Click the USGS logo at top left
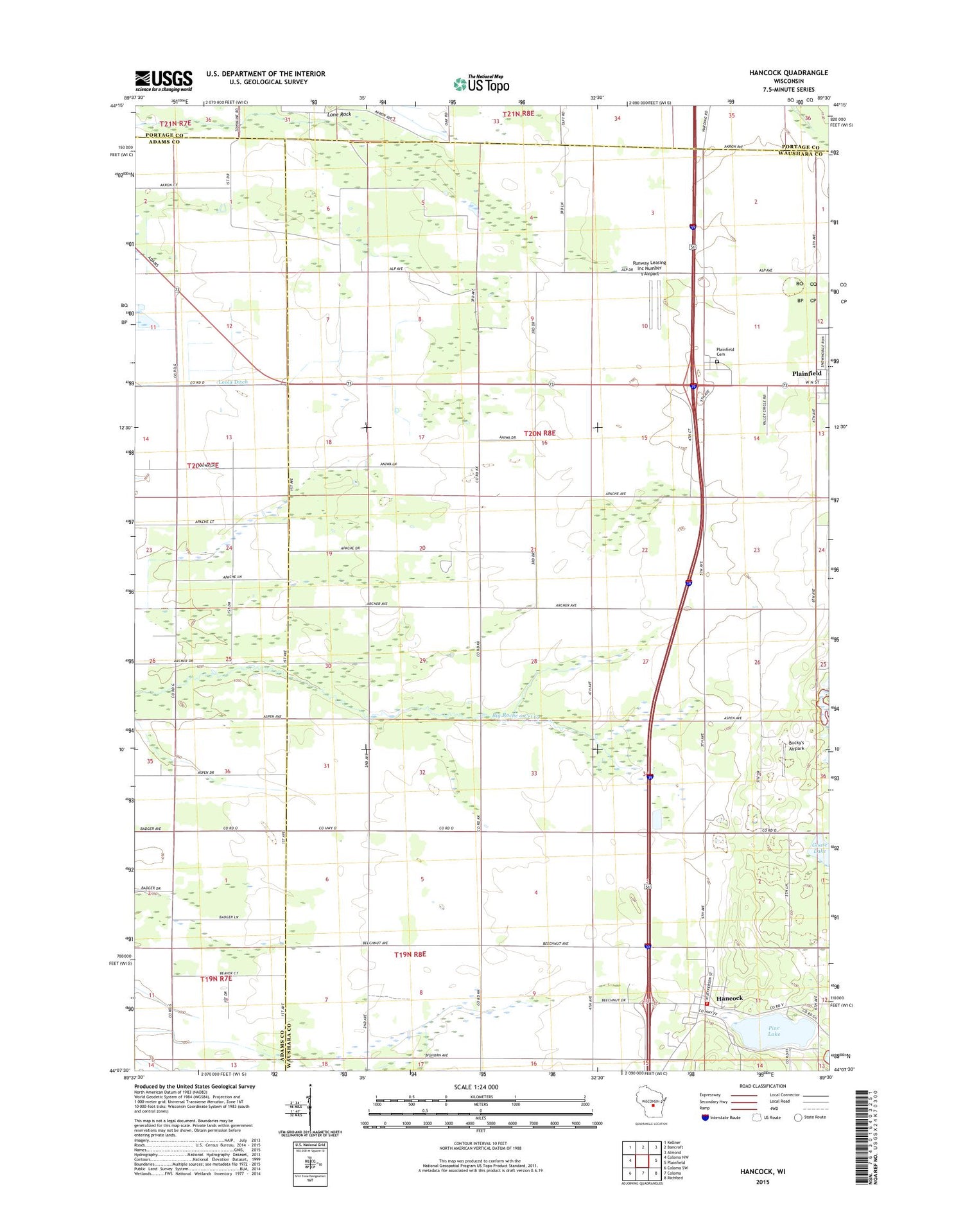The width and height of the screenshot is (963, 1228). tap(163, 81)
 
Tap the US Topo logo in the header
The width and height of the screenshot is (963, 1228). tap(481, 84)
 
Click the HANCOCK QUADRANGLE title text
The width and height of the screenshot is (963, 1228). tap(788, 73)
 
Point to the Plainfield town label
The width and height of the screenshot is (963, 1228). tap(806, 373)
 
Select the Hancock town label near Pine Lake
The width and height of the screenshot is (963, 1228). tap(729, 998)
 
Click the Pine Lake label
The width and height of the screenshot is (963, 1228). tap(774, 1030)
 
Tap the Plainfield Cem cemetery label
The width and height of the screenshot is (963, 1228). tap(725, 352)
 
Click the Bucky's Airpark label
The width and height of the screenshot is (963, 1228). tap(796, 745)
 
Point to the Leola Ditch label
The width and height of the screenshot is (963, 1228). tap(232, 382)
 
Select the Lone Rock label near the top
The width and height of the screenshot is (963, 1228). tap(339, 114)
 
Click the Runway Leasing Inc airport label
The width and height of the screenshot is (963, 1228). tap(649, 268)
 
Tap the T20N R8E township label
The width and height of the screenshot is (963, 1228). tap(539, 434)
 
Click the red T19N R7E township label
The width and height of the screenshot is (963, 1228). tap(216, 979)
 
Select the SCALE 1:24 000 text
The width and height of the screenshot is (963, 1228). tap(476, 1087)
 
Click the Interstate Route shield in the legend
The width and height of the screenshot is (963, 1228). tap(706, 1117)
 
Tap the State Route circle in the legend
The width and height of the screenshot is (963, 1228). tap(799, 1117)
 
